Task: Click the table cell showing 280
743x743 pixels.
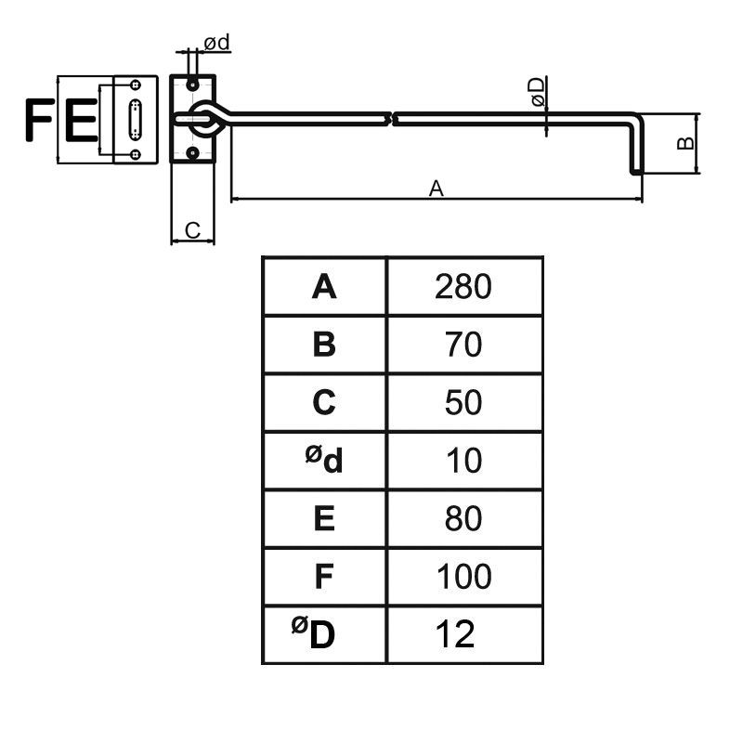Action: (463, 287)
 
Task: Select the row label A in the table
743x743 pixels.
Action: (323, 287)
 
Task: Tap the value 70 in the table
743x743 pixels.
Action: (463, 345)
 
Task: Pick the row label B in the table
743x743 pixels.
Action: (323, 345)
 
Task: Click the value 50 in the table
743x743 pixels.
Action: (463, 403)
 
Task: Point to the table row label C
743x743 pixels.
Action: (323, 403)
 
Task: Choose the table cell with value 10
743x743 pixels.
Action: (463, 461)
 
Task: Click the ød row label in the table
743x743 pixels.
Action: (323, 459)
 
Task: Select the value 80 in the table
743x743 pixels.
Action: (463, 519)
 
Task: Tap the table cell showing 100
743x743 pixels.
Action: (463, 577)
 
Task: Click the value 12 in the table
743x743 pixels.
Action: (454, 635)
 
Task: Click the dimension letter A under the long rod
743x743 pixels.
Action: (436, 189)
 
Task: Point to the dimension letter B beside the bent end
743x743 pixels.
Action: (684, 142)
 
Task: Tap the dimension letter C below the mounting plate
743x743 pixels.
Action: (193, 229)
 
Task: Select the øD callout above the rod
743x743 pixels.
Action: (536, 93)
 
